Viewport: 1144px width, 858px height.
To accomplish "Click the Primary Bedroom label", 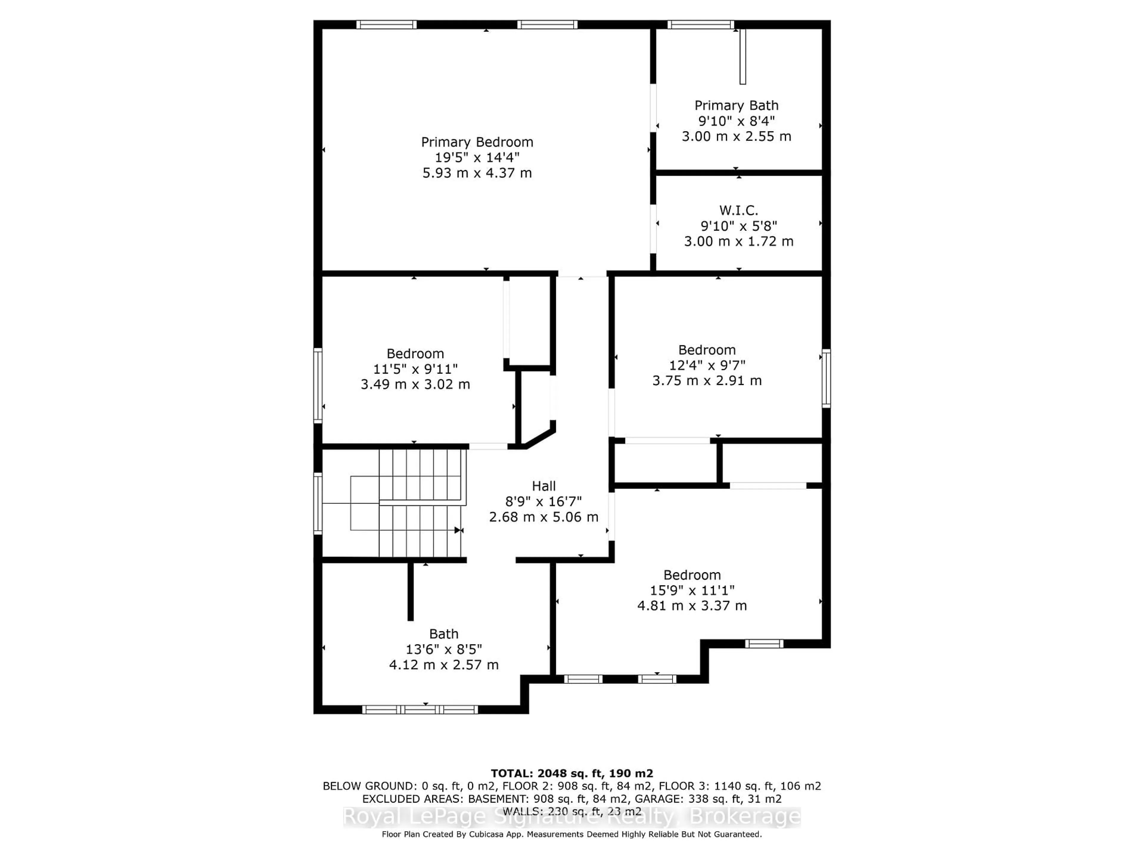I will pyautogui.click(x=477, y=142).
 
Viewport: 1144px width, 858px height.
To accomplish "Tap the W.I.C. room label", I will pyautogui.click(x=739, y=211).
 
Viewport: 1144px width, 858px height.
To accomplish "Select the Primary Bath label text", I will pyautogui.click(x=736, y=105).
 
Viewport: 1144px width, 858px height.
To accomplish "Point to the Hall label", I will pyautogui.click(x=544, y=486).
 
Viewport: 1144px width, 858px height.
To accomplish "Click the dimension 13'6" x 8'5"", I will pyautogui.click(x=444, y=649).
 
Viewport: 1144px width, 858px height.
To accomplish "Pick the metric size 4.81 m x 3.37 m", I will pyautogui.click(x=692, y=606).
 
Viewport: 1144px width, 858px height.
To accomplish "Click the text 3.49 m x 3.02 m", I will pyautogui.click(x=415, y=384).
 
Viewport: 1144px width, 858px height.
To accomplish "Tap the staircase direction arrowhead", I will pyautogui.click(x=458, y=530).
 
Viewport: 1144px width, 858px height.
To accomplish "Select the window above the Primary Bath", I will pyautogui.click(x=700, y=24).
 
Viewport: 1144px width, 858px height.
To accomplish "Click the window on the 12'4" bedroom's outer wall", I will pyautogui.click(x=826, y=378).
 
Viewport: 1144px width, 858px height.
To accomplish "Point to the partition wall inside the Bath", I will pyautogui.click(x=411, y=591).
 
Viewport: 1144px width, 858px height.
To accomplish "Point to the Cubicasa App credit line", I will pyautogui.click(x=571, y=834).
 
